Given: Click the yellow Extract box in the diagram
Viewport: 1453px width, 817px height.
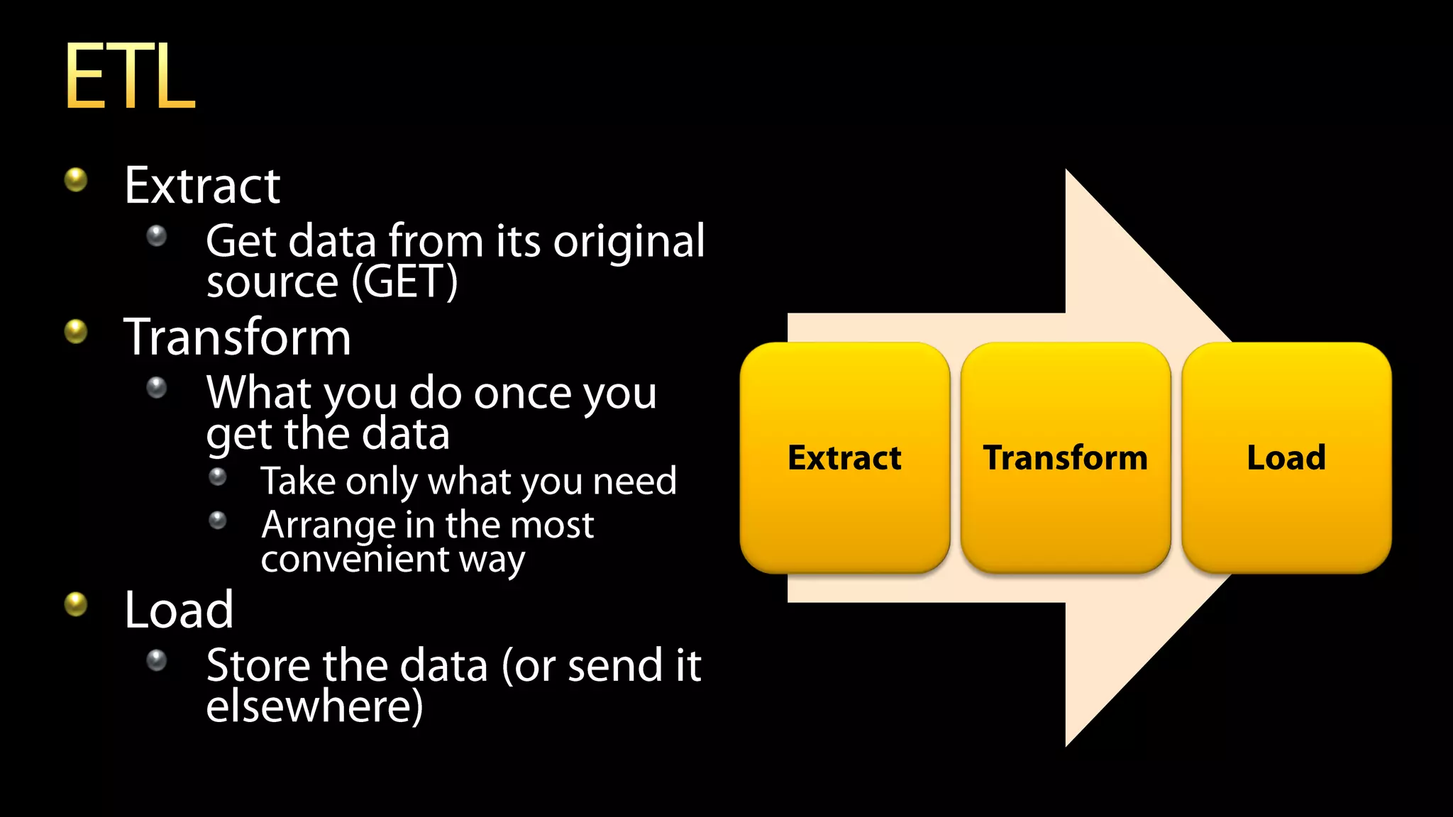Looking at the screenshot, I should (844, 457).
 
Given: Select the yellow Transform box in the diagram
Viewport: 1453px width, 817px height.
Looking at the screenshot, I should (1065, 457).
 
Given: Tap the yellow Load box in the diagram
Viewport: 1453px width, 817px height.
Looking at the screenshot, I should (1286, 457).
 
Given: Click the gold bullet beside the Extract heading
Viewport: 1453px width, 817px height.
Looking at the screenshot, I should (76, 179).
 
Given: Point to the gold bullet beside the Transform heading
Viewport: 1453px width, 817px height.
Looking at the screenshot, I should (76, 331).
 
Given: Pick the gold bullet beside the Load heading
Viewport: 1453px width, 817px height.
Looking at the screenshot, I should (76, 604).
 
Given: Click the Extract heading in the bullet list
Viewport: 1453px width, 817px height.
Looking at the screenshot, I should (202, 186).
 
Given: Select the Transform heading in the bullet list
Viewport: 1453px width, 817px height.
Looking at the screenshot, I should (237, 338).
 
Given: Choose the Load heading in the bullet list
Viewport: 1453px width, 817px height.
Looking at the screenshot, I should (179, 610).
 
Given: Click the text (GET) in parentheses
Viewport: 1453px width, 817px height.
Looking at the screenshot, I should (404, 282).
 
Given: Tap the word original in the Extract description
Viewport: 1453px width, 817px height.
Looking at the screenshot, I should (629, 242).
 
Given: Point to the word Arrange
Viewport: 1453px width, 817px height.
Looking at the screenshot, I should (328, 526).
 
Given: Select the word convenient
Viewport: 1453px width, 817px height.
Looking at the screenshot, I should (355, 560).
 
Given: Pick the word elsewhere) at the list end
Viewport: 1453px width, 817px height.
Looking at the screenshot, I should (314, 707).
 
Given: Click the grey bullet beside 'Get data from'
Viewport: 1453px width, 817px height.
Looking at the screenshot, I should (156, 235).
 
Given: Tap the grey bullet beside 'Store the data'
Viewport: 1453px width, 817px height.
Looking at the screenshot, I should (156, 660).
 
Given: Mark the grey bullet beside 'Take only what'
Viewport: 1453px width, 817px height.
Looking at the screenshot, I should (218, 477).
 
